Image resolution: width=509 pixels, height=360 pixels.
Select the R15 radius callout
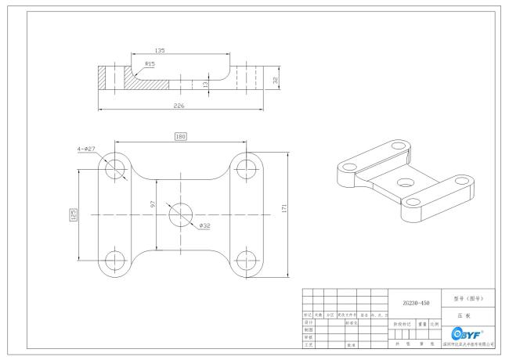(150, 64)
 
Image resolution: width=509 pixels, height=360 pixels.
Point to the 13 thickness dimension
(205, 83)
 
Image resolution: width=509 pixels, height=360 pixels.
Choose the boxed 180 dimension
(181, 136)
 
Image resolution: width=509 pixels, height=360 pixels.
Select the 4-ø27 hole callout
(87, 146)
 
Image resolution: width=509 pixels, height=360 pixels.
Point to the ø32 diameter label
(205, 226)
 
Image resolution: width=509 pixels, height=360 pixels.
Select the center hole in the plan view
(182, 214)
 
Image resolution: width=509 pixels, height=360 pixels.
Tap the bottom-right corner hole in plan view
(247, 260)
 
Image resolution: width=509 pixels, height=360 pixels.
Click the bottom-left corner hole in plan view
(115, 260)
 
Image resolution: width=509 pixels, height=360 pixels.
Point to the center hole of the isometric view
(404, 181)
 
